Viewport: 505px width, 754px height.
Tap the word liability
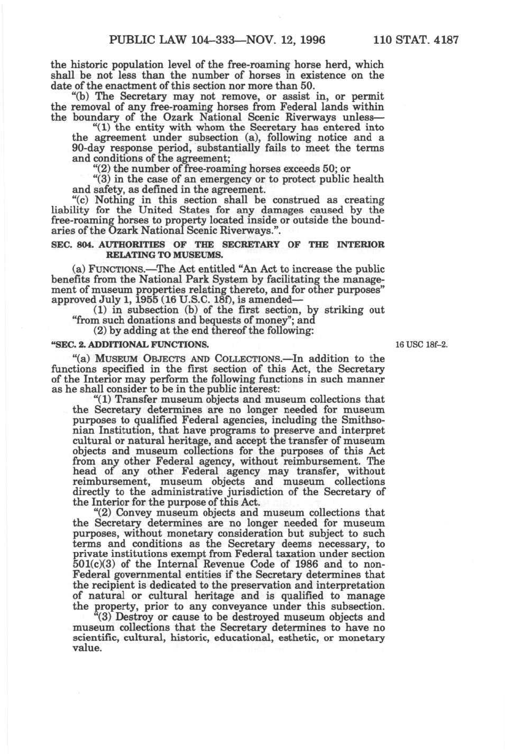click(x=72, y=210)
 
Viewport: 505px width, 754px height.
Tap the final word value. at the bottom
click(x=86, y=648)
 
